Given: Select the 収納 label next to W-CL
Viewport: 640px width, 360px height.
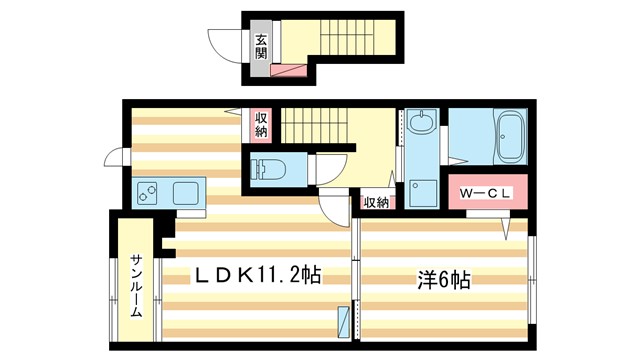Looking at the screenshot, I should point(376,202).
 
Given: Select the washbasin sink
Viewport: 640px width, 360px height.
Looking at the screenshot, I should point(422,125).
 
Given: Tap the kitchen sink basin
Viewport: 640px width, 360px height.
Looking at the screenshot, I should point(187,192).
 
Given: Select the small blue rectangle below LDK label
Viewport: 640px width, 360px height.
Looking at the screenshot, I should point(345,322).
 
